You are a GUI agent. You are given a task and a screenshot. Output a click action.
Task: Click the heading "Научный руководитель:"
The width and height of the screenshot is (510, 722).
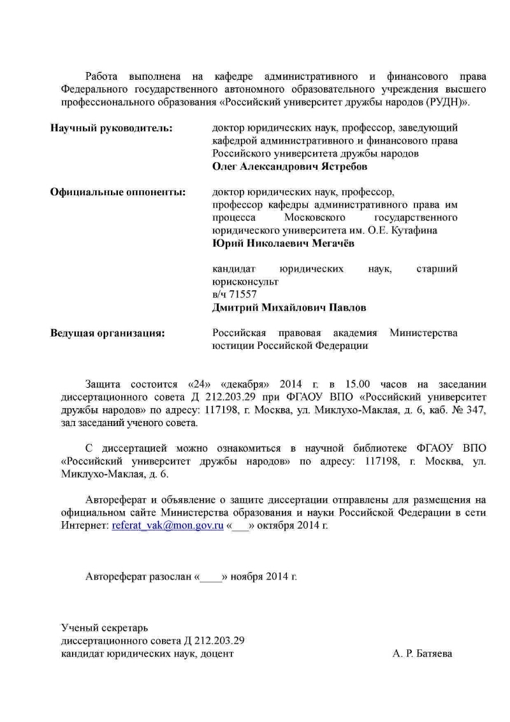(111, 128)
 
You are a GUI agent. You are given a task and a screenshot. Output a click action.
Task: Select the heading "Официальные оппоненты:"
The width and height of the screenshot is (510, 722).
(118, 192)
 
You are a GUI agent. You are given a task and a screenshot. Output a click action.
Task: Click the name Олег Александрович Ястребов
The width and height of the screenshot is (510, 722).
(289, 166)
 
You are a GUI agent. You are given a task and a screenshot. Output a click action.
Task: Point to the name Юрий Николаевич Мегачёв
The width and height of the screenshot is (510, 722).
(283, 243)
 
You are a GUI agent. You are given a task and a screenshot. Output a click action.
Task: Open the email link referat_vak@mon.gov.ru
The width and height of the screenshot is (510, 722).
(168, 526)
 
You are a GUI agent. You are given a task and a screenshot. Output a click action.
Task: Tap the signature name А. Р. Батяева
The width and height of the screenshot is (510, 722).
(423, 654)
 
